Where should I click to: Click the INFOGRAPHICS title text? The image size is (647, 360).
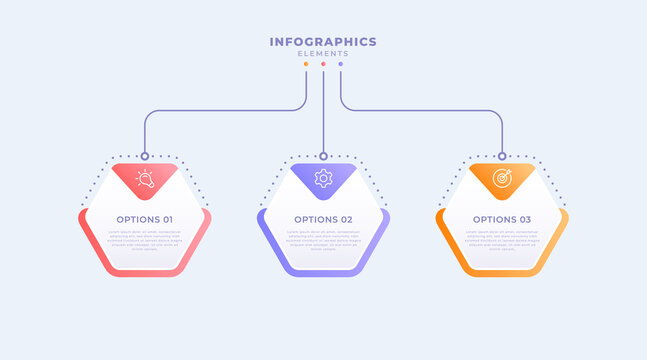click(x=323, y=42)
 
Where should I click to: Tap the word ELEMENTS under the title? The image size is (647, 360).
click(x=323, y=54)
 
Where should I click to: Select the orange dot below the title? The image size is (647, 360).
click(x=306, y=64)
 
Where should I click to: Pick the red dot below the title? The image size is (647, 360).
click(x=323, y=64)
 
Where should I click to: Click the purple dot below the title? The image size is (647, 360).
click(x=340, y=64)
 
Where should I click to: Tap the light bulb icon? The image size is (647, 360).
click(x=145, y=180)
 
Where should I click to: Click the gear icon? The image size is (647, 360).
click(x=323, y=179)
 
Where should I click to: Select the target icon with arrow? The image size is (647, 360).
click(x=502, y=179)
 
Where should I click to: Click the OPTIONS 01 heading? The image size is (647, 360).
click(x=144, y=219)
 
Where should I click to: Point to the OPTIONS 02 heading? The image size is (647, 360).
click(x=323, y=219)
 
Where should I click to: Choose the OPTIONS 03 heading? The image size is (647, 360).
click(x=502, y=219)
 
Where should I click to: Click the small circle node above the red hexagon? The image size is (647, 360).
click(x=145, y=156)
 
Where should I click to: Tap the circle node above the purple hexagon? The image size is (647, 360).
click(x=323, y=156)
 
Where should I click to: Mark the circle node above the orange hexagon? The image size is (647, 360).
click(x=502, y=156)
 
